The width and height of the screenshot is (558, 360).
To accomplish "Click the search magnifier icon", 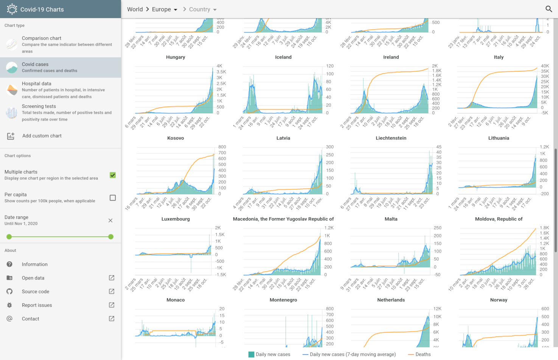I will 549,9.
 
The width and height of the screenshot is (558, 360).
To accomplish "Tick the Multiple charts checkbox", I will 113,175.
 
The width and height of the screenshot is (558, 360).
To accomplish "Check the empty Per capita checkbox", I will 113,198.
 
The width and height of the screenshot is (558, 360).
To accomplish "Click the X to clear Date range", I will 110,220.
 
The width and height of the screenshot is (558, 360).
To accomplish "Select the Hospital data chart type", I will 61,90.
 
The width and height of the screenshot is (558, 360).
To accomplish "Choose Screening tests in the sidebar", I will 61,112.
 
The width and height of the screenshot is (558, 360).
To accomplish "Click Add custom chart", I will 42,136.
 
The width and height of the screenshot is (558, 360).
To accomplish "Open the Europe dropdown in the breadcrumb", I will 165,9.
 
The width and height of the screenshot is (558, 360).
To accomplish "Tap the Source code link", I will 36,292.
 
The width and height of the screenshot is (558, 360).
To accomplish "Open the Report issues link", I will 37,305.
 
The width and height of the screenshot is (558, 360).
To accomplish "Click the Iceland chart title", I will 283,57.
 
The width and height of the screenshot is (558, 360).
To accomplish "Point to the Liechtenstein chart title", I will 391,138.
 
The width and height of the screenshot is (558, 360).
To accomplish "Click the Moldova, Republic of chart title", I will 499,219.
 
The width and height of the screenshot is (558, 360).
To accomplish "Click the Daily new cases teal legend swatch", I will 251,354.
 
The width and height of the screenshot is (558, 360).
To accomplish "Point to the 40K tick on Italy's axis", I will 545,66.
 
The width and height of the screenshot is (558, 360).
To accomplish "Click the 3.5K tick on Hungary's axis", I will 221,72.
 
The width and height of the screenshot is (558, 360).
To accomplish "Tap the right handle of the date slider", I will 111,237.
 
